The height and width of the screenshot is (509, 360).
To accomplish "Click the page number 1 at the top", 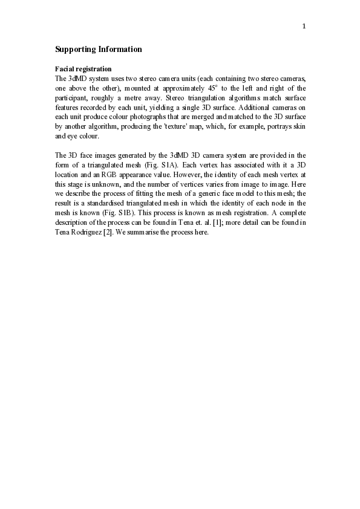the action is (304, 26).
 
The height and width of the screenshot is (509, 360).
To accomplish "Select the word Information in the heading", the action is (120, 49).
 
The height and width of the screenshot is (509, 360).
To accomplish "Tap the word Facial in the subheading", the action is (65, 69).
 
